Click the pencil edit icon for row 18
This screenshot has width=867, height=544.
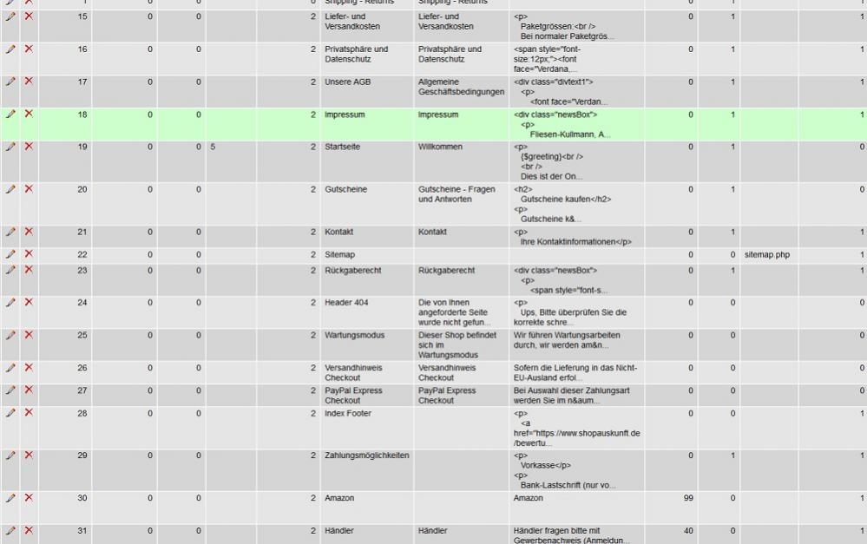click(x=10, y=115)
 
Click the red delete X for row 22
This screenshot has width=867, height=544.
click(x=29, y=253)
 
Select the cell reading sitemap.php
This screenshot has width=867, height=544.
click(x=767, y=254)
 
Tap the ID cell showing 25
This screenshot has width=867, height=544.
click(x=82, y=335)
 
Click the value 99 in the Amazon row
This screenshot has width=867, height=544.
click(x=689, y=498)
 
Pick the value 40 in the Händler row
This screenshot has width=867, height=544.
click(x=689, y=530)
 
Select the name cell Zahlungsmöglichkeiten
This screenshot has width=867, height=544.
click(x=366, y=455)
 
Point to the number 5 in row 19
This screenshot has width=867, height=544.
click(x=212, y=147)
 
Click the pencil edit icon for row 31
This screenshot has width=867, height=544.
click(x=10, y=530)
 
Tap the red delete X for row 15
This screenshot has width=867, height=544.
click(x=29, y=16)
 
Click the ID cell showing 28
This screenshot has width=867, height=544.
click(x=82, y=413)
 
